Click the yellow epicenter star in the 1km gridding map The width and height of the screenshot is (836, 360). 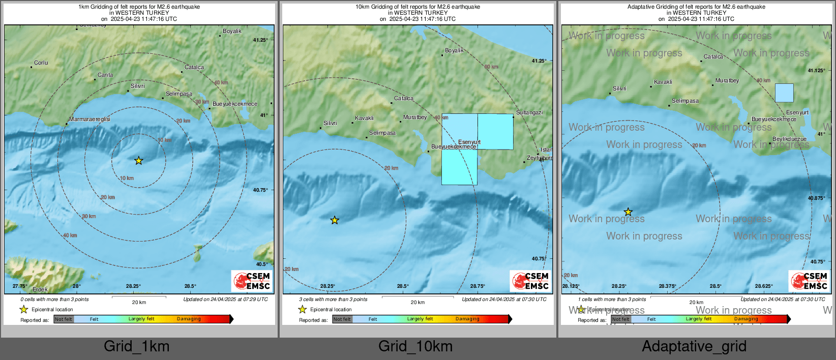138,161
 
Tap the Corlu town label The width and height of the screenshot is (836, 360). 41,63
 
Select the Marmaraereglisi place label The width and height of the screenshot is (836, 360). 89,119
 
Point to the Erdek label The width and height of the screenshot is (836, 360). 40,289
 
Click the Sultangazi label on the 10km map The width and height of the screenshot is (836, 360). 529,112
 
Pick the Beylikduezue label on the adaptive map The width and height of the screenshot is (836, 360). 789,139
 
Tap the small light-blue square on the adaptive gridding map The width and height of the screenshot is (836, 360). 784,93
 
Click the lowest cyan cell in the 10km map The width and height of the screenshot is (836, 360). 459,167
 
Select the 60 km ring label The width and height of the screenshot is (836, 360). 491,67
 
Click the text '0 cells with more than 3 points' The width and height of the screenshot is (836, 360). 54,299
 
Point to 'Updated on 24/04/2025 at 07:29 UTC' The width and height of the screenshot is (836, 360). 225,299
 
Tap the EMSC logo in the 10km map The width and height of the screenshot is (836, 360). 530,281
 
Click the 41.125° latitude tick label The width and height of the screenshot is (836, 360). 816,71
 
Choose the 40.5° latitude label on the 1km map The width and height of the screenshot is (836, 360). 261,264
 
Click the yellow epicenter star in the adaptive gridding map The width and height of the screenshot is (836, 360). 628,212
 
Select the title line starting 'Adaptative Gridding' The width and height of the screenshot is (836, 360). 696,7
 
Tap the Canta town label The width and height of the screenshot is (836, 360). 105,75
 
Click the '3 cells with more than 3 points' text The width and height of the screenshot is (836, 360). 333,299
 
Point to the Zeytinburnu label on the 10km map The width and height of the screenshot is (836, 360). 539,158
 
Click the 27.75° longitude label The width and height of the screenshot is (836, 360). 20,286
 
